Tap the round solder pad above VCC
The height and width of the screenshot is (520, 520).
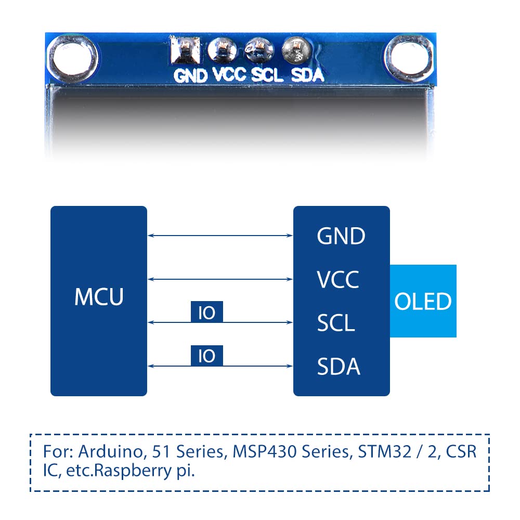pyautogui.click(x=222, y=50)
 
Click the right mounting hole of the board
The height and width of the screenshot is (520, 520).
pyautogui.click(x=408, y=56)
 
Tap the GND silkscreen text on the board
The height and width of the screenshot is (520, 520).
pyautogui.click(x=190, y=75)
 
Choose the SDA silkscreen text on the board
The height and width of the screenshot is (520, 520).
pyautogui.click(x=307, y=75)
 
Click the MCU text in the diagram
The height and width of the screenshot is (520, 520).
pyautogui.click(x=99, y=297)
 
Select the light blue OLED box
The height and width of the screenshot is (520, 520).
pyautogui.click(x=423, y=301)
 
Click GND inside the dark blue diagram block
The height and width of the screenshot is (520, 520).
pyautogui.click(x=341, y=237)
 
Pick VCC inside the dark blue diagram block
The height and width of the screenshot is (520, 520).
pyautogui.click(x=338, y=280)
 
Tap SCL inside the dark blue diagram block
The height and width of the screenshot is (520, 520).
pyautogui.click(x=336, y=323)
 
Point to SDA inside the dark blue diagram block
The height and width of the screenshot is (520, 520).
pyautogui.click(x=339, y=367)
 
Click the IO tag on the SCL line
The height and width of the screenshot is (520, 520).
pyautogui.click(x=207, y=312)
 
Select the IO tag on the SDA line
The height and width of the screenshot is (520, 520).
pyautogui.click(x=207, y=356)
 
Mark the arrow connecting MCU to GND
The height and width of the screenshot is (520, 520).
pyautogui.click(x=220, y=236)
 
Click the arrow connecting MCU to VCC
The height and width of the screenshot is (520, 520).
pyautogui.click(x=220, y=279)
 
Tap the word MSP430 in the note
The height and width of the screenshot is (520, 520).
pyautogui.click(x=256, y=451)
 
